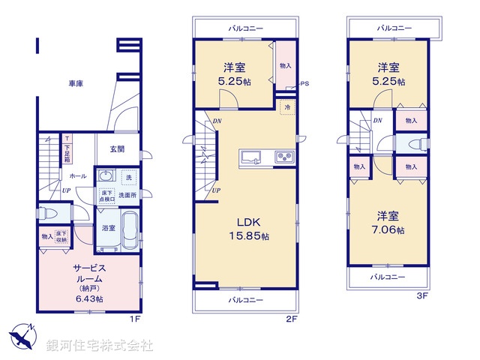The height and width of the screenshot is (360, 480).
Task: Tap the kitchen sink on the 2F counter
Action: pyautogui.click(x=250, y=157)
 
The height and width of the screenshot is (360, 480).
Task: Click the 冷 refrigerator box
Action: pyautogui.click(x=286, y=108)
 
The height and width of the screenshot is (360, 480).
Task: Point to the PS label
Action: pyautogui.click(x=304, y=84)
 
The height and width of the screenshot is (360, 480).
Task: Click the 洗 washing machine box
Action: pyautogui.click(x=128, y=178)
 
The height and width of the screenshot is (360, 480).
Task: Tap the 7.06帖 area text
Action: pyautogui.click(x=390, y=229)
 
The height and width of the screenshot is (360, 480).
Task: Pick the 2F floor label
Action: pyautogui.click(x=291, y=318)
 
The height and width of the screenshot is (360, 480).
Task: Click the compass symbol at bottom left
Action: pyautogui.click(x=23, y=335)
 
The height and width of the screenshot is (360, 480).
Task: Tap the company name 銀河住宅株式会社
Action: pyautogui.click(x=100, y=346)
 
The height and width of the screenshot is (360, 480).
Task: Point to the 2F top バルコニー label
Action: pyautogui.click(x=246, y=28)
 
